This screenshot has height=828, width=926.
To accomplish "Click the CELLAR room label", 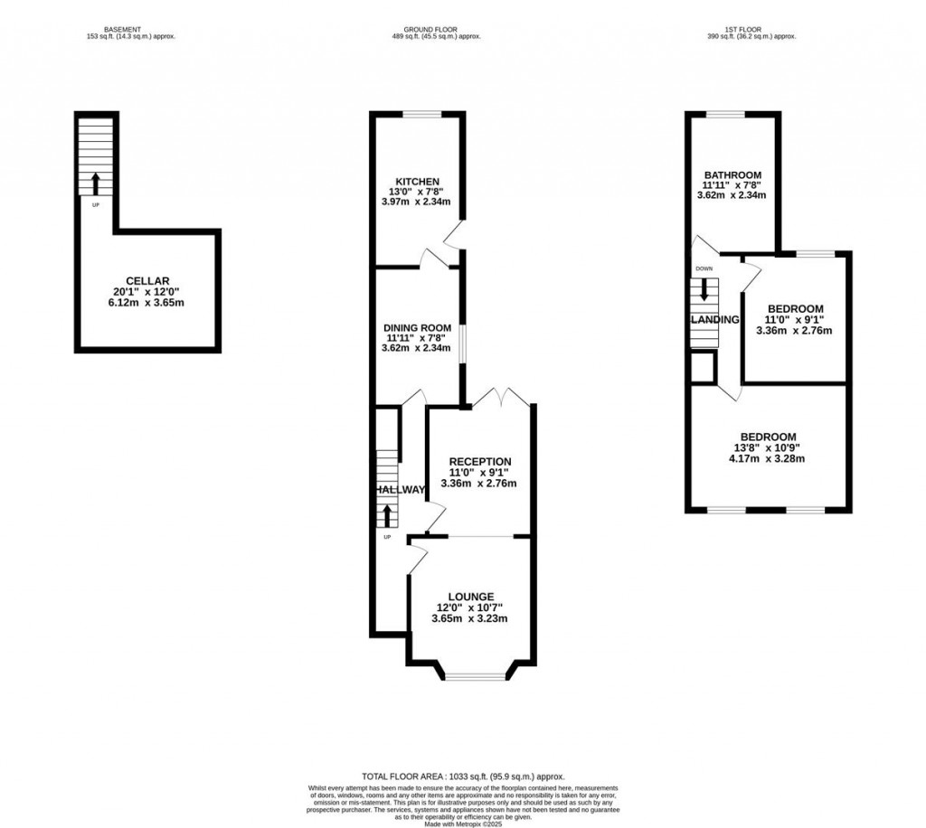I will coord(147,280).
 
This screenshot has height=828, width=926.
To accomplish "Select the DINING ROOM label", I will coord(417,327).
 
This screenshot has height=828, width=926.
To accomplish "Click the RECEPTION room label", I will coord(480,461).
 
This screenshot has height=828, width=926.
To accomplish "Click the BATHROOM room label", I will coord(732,175).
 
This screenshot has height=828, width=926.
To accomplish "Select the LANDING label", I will coord(715,320).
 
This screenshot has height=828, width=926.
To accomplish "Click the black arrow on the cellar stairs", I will coord(96,183).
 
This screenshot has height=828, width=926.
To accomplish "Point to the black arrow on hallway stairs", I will coord(388,516).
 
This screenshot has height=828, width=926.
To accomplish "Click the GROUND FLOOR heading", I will coord(435,29).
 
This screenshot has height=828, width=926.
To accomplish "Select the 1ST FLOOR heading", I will coord(753,29).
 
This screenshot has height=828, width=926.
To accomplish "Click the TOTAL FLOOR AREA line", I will coord(463,776).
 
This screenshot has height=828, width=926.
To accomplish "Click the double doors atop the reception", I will coord(500,399).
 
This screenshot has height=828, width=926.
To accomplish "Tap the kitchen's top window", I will coord(421,114).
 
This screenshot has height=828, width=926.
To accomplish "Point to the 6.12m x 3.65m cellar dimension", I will coord(147,304).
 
